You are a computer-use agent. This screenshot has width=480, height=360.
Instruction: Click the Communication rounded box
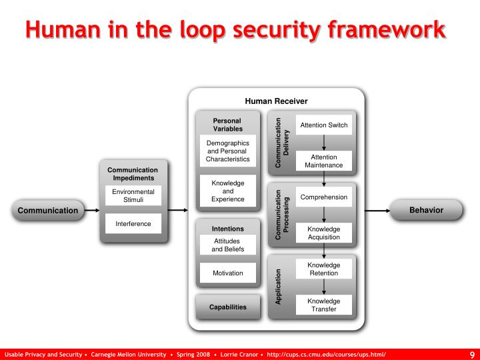47,211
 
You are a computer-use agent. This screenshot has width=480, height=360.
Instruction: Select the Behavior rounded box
426,210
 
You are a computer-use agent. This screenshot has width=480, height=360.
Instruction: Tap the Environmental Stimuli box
133,195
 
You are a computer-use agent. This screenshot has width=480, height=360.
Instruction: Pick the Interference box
133,224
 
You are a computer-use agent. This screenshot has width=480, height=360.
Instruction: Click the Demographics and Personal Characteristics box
227,151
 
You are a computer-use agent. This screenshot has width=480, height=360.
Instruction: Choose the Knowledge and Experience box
227,191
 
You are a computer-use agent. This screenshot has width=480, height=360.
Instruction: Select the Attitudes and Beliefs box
227,245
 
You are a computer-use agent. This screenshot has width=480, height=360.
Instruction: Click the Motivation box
227,273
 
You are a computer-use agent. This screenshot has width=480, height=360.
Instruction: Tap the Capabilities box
227,307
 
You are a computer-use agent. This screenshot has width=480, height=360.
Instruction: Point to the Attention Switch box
323,125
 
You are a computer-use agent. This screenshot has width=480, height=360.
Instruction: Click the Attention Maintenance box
323,161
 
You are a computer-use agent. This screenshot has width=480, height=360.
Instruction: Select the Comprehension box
323,197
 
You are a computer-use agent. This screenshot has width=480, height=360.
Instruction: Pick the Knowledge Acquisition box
323,233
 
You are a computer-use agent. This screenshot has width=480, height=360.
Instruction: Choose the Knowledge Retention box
323,269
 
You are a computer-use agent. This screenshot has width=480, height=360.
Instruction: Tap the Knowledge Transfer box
323,305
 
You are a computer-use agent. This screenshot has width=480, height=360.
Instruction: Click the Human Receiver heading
276,101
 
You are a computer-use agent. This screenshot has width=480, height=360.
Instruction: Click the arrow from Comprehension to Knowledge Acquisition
324,215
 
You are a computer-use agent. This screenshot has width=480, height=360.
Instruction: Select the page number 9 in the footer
472,354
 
